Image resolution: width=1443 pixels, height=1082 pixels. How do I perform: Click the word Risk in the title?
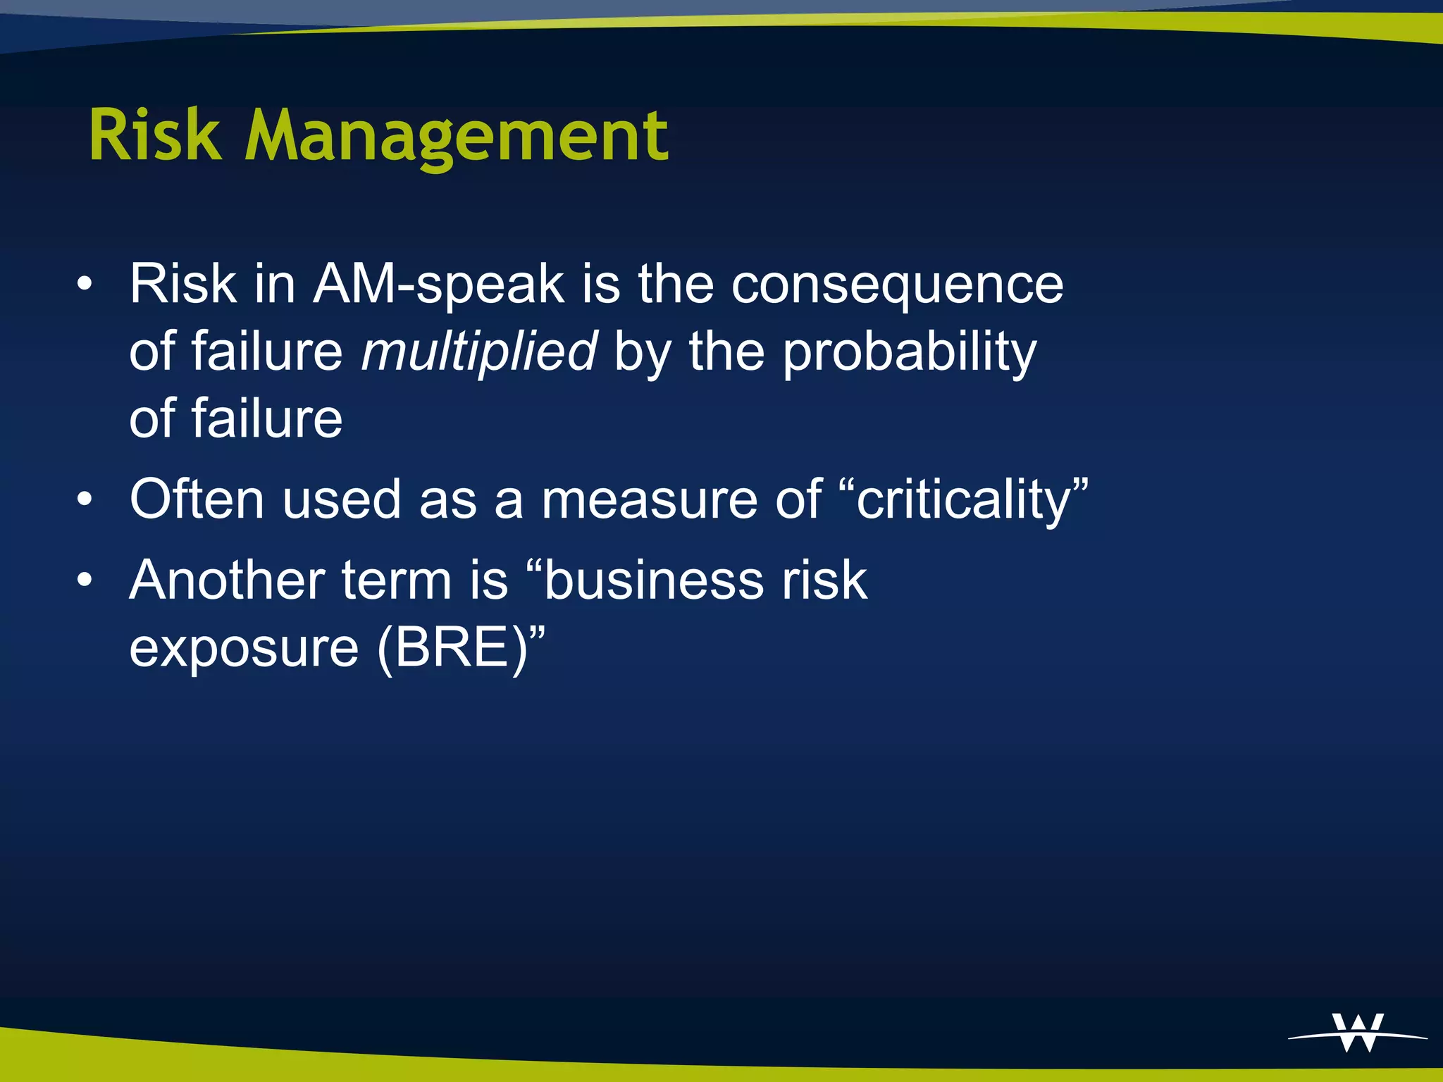154,135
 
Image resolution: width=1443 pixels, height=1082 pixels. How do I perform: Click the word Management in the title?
456,137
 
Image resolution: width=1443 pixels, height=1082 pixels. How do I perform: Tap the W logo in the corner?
1358,1034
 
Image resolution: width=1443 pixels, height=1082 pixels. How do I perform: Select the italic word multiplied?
478,352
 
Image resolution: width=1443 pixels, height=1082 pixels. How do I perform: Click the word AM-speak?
438,285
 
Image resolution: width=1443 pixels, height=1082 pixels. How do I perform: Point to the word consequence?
897,285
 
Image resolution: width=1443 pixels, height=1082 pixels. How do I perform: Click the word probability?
909,352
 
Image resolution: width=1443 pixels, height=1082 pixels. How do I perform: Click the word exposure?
244,648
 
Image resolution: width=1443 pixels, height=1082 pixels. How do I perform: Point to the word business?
652,581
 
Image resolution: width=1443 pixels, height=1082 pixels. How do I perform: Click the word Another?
226,581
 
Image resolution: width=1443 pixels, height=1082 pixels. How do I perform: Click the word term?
396,581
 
